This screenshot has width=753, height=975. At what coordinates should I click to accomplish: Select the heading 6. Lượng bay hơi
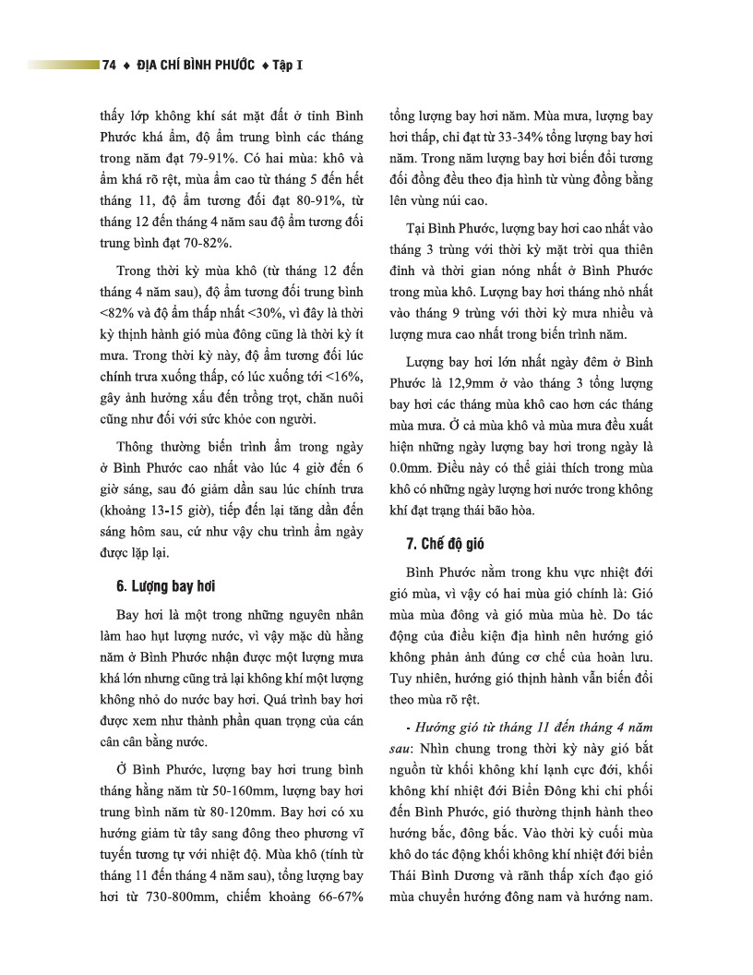point(166,586)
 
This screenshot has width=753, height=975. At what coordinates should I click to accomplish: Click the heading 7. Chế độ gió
point(445,543)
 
